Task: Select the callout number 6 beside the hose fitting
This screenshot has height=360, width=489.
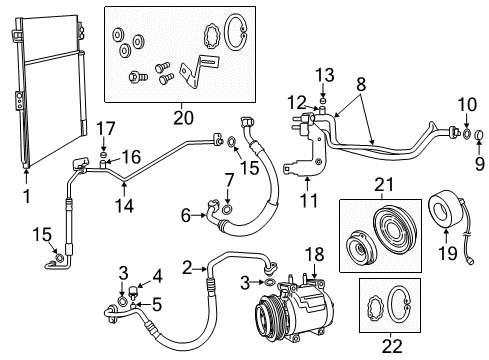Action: (187, 216)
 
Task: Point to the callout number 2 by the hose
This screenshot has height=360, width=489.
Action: (187, 267)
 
